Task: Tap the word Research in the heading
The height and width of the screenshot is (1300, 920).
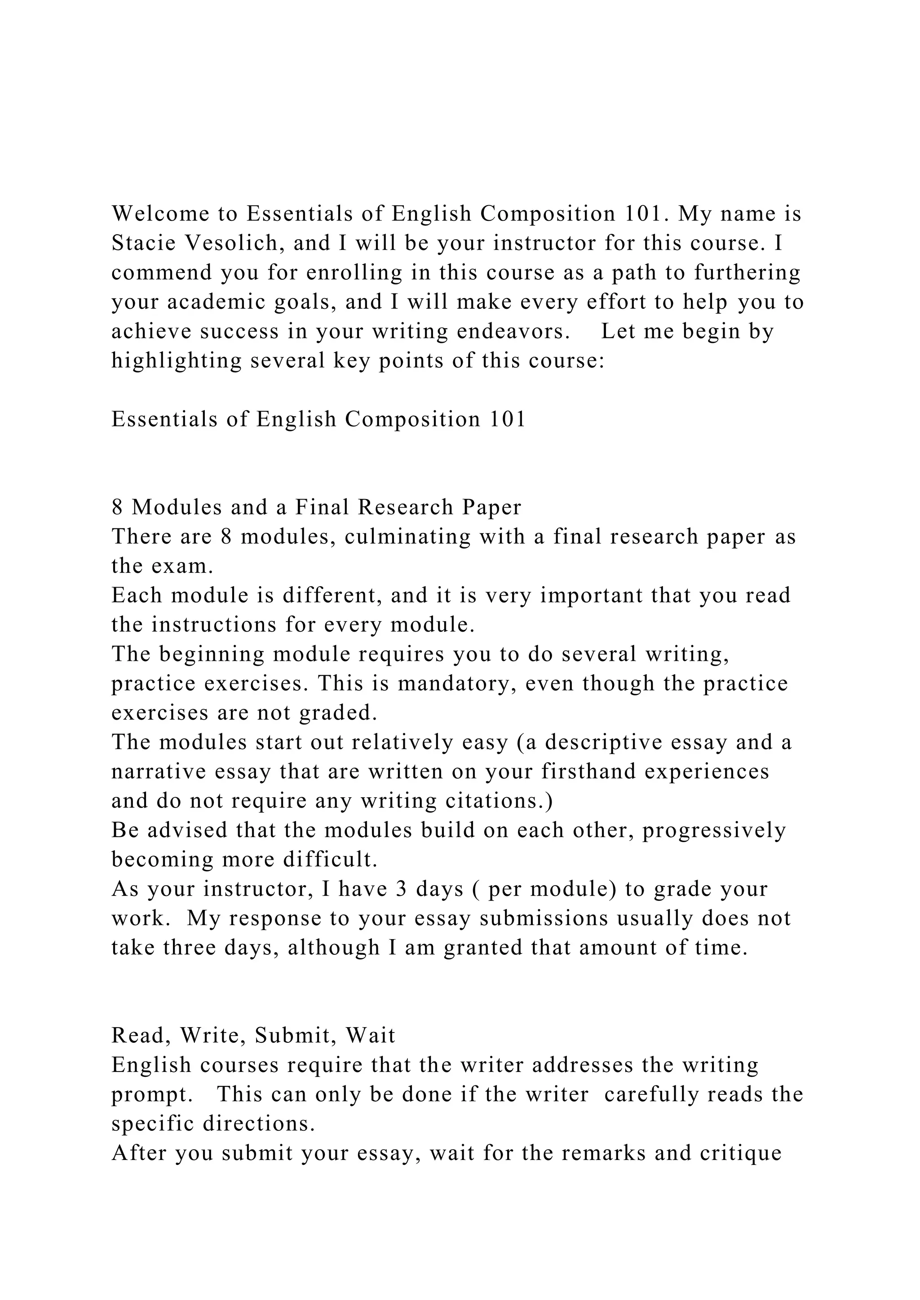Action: [405, 507]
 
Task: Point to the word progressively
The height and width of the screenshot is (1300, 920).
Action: [714, 830]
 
